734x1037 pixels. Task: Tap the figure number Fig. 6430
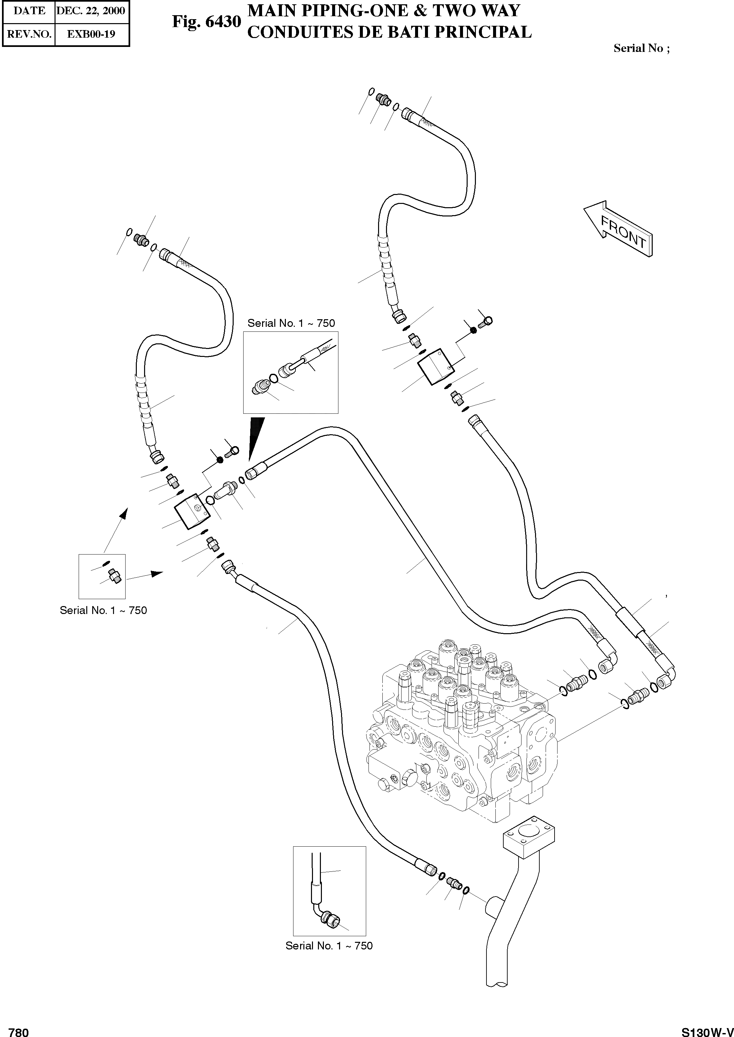pos(207,22)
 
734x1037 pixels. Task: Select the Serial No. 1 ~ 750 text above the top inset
pos(291,324)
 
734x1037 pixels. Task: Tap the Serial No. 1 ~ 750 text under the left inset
pos(103,610)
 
